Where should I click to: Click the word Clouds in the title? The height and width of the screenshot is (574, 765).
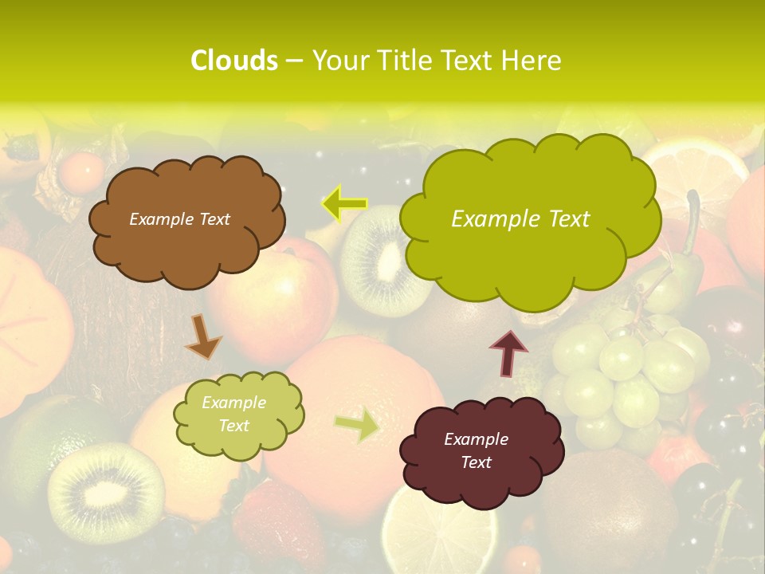tap(233, 61)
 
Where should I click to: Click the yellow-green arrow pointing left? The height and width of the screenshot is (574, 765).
tap(344, 203)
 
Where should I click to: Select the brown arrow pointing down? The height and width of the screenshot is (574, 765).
tap(203, 336)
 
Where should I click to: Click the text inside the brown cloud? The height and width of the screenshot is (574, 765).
tap(179, 219)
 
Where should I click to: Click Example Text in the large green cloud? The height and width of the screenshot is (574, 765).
tap(520, 219)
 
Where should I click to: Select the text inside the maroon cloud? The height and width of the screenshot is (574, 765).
tap(476, 450)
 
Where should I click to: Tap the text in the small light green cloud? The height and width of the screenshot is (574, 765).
tap(233, 414)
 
